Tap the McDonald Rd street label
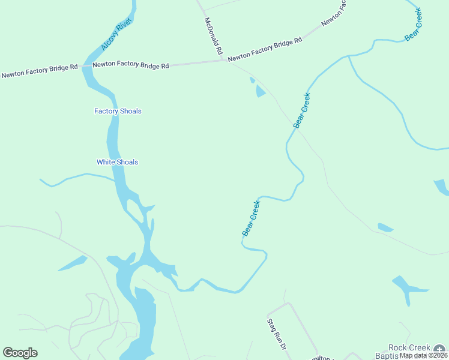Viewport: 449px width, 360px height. click(214, 36)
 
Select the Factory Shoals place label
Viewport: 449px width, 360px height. click(118, 111)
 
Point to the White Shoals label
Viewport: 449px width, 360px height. click(117, 162)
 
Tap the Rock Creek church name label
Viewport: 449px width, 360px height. click(409, 347)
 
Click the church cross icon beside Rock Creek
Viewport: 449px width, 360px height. click(441, 349)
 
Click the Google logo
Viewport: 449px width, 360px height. click(20, 352)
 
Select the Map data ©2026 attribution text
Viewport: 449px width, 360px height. click(424, 355)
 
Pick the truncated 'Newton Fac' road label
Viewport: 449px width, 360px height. click(334, 13)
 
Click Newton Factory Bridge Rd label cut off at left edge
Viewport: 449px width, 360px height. click(40, 71)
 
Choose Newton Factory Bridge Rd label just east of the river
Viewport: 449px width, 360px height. click(130, 64)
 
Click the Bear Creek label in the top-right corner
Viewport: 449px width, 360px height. click(414, 25)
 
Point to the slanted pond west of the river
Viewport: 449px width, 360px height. click(73, 263)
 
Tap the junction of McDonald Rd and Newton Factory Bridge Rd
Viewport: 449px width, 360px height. click(223, 59)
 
